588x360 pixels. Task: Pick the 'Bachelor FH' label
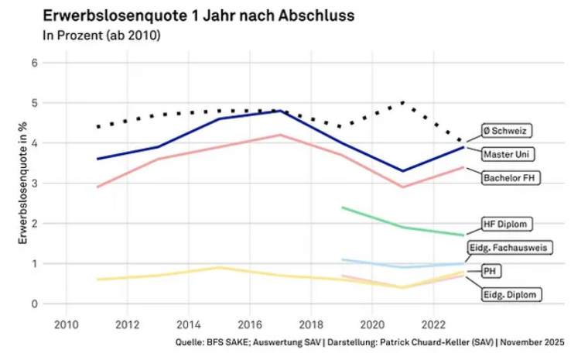511,178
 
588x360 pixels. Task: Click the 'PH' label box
489,271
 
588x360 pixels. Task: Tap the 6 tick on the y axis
35,63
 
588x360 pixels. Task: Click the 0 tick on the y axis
35,304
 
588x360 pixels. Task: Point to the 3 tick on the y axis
35,183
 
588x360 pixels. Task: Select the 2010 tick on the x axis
65,323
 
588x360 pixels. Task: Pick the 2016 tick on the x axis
250,323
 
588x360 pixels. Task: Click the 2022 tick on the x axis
434,323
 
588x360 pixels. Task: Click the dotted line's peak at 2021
402,102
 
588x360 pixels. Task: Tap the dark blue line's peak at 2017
280,111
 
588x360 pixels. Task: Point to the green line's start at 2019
342,207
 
